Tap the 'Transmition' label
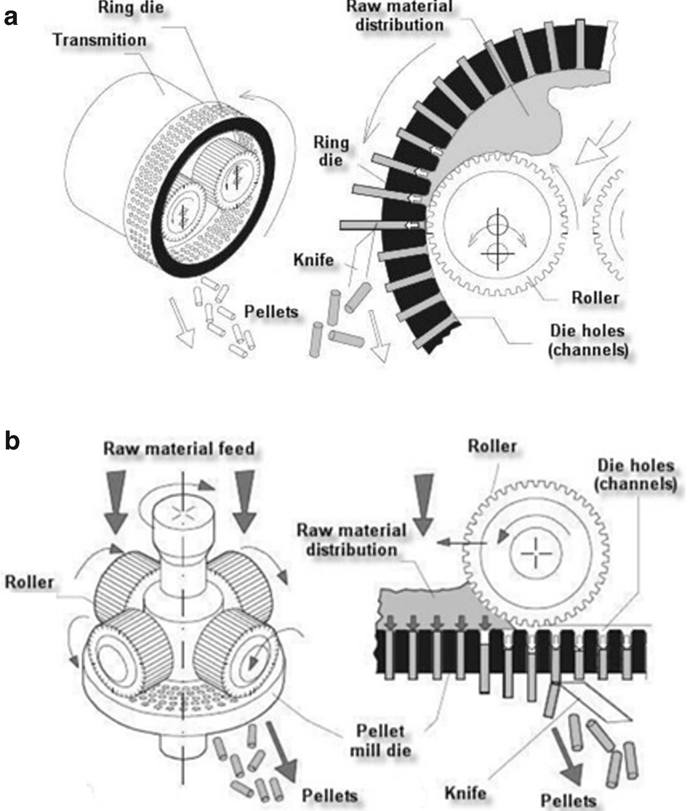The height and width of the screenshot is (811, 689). pyautogui.click(x=99, y=40)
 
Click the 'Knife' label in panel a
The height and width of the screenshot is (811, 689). pyautogui.click(x=313, y=260)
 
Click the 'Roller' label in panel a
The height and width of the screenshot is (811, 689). pyautogui.click(x=595, y=298)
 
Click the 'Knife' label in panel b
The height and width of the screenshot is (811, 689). pyautogui.click(x=465, y=793)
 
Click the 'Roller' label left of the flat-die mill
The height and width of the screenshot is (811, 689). pyautogui.click(x=29, y=582)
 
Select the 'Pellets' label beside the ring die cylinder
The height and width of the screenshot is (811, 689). pyautogui.click(x=272, y=312)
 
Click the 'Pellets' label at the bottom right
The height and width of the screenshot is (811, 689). pyautogui.click(x=568, y=800)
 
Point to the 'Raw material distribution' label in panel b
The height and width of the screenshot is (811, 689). pyautogui.click(x=351, y=539)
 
